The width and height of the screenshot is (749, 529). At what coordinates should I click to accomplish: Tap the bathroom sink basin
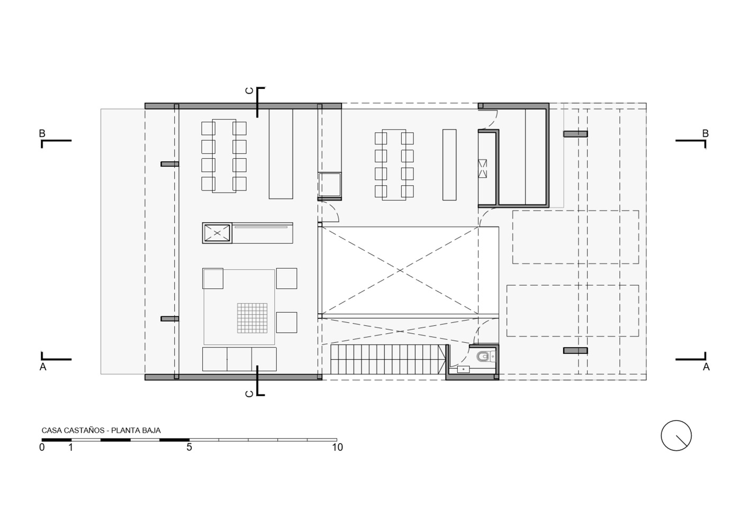pyautogui.click(x=464, y=369)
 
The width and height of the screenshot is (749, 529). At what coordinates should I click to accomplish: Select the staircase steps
pyautogui.click(x=388, y=360)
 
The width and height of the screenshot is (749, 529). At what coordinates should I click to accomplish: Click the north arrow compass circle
pyautogui.click(x=676, y=435)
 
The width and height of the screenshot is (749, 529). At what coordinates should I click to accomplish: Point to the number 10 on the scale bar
pyautogui.click(x=337, y=447)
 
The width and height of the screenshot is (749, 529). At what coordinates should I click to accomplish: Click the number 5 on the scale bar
pyautogui.click(x=189, y=447)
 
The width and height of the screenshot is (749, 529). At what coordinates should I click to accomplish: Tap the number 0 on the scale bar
pyautogui.click(x=42, y=447)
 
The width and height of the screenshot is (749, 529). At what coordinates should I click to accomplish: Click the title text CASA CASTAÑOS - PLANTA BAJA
pyautogui.click(x=101, y=431)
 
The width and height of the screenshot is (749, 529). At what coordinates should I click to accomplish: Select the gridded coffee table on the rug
pyautogui.click(x=252, y=318)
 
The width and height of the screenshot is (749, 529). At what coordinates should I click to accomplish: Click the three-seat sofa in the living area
pyautogui.click(x=239, y=359)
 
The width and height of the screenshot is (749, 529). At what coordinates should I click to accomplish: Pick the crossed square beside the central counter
pyautogui.click(x=217, y=233)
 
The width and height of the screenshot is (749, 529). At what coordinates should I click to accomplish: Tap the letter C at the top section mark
pyautogui.click(x=249, y=90)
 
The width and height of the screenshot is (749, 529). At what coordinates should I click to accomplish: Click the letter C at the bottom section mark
pyautogui.click(x=249, y=394)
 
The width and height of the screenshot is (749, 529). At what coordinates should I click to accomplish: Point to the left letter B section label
pyautogui.click(x=42, y=134)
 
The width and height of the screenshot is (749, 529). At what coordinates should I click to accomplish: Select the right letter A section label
pyautogui.click(x=706, y=367)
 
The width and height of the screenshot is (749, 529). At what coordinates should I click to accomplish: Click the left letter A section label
pyautogui.click(x=43, y=367)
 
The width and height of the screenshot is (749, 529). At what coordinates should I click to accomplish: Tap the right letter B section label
pyautogui.click(x=706, y=134)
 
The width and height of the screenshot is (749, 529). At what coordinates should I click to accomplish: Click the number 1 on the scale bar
pyautogui.click(x=71, y=447)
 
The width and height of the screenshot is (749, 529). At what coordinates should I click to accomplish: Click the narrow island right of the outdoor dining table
pyautogui.click(x=449, y=165)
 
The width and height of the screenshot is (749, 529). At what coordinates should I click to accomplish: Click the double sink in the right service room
pyautogui.click(x=483, y=169)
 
